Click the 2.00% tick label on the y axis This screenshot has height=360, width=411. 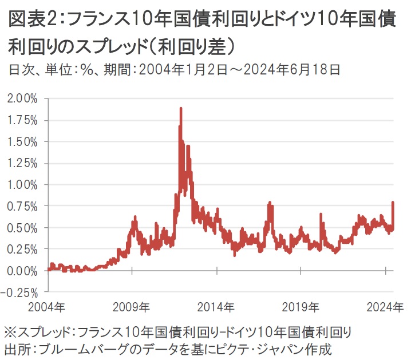tap(23, 98)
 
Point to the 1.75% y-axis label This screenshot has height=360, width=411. tap(23, 120)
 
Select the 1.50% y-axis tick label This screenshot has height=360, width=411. tap(23, 141)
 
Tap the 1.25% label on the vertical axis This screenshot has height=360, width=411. tap(23, 163)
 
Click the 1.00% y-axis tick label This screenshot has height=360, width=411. tap(23, 184)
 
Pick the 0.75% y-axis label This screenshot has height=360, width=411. tap(23, 206)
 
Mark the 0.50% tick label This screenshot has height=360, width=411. tap(23, 228)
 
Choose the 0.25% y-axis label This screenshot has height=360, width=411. tap(23, 249)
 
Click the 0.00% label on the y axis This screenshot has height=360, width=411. tap(23, 271)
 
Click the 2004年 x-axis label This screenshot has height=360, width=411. tap(48, 307)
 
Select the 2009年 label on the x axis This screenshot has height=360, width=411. tap(133, 307)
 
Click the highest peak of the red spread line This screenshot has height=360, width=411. tap(181, 108)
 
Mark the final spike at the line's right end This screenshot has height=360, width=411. tap(393, 203)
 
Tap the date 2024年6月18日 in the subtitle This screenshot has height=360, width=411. tap(294, 70)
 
